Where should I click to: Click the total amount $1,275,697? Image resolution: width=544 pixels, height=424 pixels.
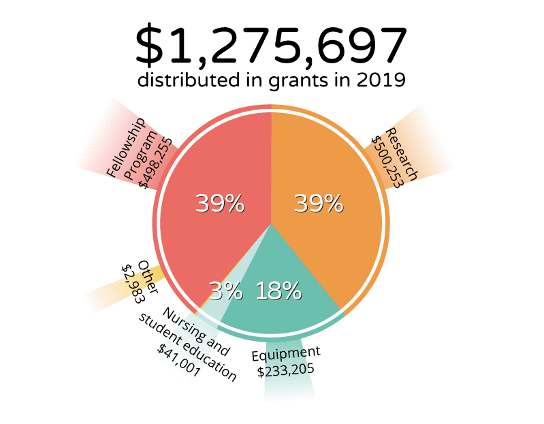[x=272, y=46]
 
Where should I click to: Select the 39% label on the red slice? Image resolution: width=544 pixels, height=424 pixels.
[x=219, y=203]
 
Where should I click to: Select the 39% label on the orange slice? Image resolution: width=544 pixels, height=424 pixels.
[x=318, y=203]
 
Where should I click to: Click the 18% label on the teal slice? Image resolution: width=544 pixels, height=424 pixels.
[x=278, y=291]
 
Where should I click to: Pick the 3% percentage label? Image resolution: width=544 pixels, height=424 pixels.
[x=225, y=291]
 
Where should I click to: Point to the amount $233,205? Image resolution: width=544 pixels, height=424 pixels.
[x=285, y=372]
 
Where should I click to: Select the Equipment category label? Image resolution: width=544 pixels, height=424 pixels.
[x=285, y=355]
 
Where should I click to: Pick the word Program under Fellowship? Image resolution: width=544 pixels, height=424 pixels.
[x=141, y=156]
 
